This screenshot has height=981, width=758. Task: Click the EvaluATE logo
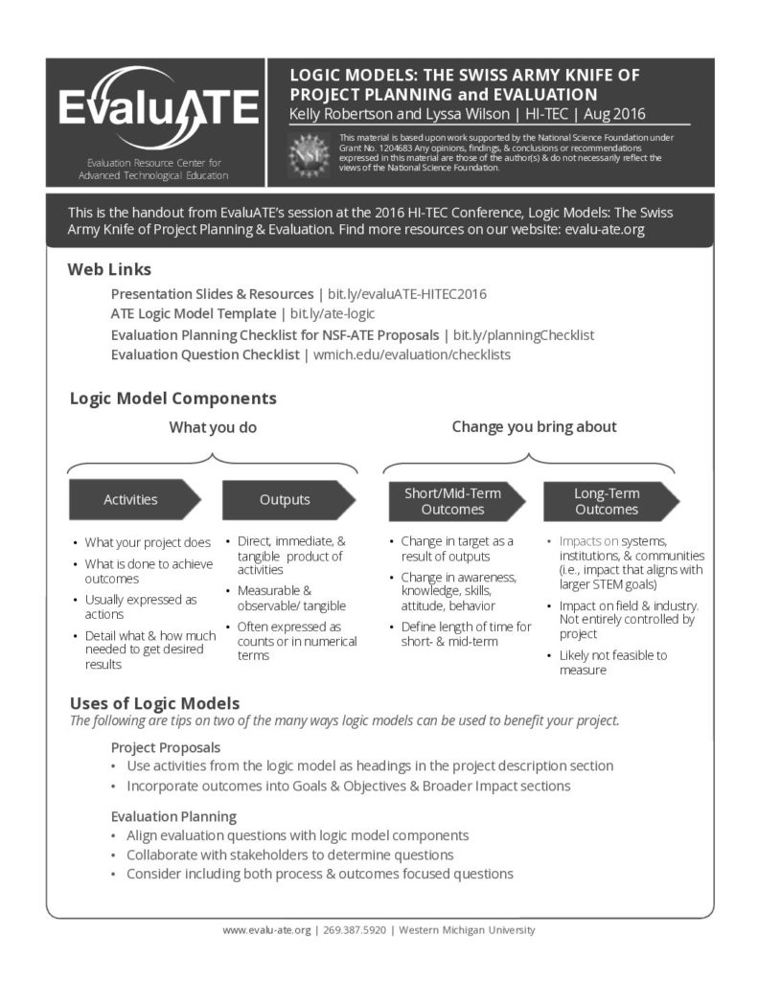click(x=157, y=108)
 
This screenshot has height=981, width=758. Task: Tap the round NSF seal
click(x=310, y=152)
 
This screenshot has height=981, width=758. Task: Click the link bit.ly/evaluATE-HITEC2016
click(x=407, y=294)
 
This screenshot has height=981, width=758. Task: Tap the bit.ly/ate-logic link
click(x=332, y=313)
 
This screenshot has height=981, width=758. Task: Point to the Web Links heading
click(x=109, y=269)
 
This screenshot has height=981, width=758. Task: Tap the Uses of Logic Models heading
click(x=154, y=703)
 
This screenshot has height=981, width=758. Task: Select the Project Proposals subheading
click(x=166, y=746)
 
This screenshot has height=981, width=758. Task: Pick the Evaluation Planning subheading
click(x=173, y=816)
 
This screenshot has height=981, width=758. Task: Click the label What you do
click(x=213, y=427)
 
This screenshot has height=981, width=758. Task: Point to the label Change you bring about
click(x=534, y=426)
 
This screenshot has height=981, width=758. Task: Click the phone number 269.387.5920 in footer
click(x=355, y=930)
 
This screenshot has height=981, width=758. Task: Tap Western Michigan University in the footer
click(x=467, y=930)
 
